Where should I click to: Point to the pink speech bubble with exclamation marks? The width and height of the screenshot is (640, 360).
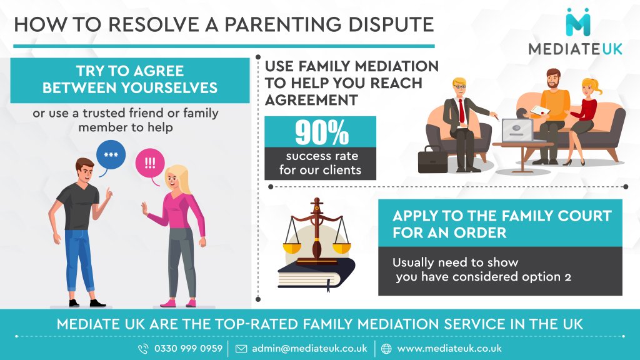click(150, 163)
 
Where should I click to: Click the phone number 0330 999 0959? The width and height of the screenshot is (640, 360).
click(188, 348)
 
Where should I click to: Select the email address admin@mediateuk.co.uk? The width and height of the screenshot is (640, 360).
click(309, 348)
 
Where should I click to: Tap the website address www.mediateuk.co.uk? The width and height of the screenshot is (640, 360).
click(449, 348)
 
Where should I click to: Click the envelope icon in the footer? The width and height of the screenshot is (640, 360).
click(241, 349)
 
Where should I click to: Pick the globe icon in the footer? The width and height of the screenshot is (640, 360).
click(386, 349)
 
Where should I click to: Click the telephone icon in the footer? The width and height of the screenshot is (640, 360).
click(143, 349)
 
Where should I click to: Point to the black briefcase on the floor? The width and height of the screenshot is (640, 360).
click(432, 160)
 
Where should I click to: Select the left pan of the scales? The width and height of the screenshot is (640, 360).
click(292, 246)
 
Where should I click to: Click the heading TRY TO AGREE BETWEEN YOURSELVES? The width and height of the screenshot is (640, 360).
click(129, 79)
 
